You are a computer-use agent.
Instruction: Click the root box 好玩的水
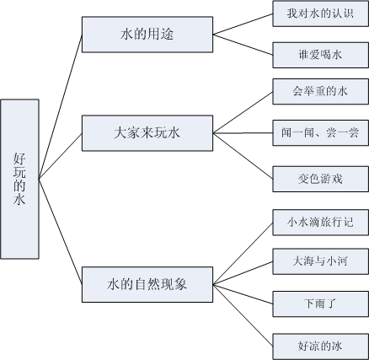(19, 179)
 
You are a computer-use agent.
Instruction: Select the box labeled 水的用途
(147, 35)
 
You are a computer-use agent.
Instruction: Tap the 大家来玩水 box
(147, 133)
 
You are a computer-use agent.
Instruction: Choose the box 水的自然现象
(147, 285)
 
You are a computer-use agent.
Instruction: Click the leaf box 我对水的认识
(321, 13)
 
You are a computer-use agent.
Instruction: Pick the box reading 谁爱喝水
(321, 55)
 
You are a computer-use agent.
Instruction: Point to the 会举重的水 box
(321, 92)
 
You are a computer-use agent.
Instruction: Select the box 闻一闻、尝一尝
(321, 133)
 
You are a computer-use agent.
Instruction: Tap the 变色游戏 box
(321, 179)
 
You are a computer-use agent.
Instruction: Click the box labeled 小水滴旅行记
(321, 223)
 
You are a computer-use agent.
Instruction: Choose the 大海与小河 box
(321, 261)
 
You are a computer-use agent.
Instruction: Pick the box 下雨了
(321, 304)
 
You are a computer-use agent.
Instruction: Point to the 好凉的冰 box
(321, 347)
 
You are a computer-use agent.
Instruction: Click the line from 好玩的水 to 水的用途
(61, 106)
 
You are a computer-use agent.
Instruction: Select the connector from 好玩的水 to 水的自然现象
(61, 232)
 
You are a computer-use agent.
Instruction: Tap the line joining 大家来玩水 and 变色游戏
(243, 156)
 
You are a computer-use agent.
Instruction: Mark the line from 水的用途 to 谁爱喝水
(243, 45)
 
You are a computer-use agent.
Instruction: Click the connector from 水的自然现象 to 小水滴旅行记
(243, 254)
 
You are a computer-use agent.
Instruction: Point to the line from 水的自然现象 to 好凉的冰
(243, 315)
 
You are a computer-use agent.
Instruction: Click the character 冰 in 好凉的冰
(337, 346)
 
